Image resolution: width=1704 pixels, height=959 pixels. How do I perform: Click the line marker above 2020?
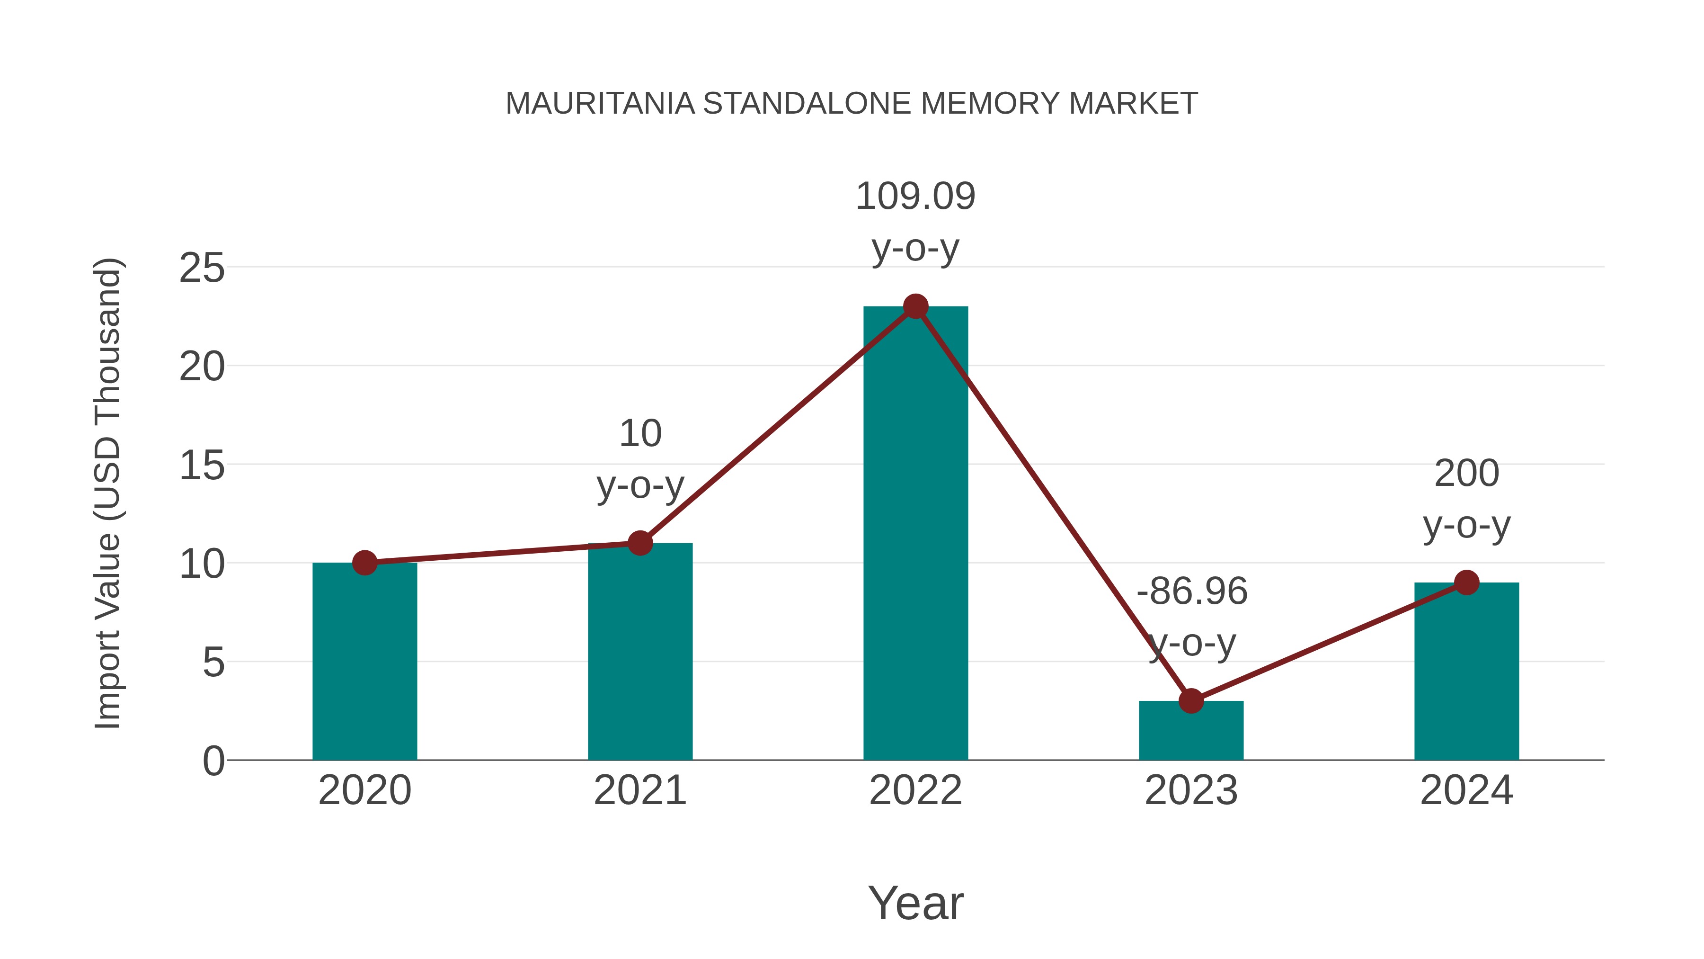(364, 563)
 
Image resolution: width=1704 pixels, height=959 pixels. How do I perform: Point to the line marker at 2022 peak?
(915, 306)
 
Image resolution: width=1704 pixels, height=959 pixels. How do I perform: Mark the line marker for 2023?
(1191, 700)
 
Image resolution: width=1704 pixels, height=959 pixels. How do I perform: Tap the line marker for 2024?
(1466, 583)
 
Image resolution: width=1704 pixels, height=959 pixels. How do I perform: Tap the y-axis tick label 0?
(213, 761)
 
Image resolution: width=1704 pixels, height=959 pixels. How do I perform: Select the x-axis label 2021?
(639, 790)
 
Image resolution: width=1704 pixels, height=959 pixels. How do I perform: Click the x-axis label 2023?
(1191, 790)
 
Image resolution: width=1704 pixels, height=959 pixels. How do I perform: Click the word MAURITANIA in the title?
(599, 104)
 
